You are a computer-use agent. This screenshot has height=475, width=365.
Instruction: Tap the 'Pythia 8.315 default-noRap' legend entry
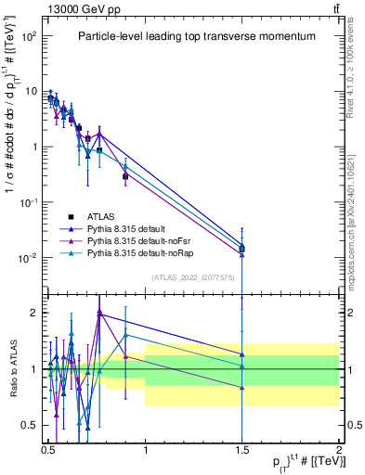[158, 251]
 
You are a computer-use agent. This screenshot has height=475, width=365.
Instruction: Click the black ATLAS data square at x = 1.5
[241, 249]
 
